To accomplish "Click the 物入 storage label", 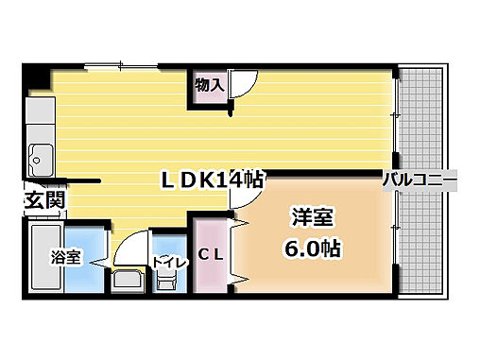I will pyautogui.click(x=209, y=85).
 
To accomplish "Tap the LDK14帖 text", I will pyautogui.click(x=215, y=179).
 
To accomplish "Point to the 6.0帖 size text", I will pyautogui.click(x=311, y=249).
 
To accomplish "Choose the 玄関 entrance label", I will pyautogui.click(x=43, y=199).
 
